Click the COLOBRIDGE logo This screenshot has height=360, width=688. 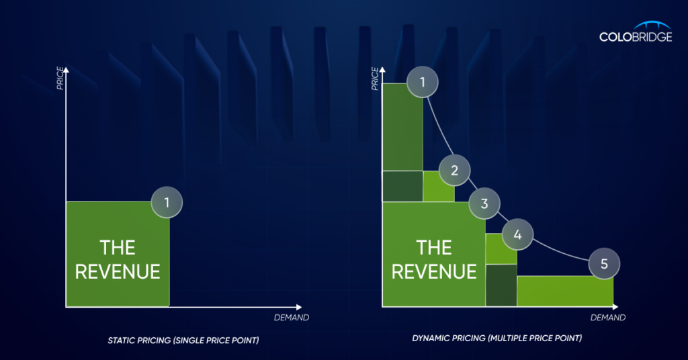[636, 32]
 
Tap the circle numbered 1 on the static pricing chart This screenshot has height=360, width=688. [167, 202]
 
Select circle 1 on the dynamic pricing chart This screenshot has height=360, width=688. [423, 82]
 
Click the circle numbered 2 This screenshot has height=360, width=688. [455, 170]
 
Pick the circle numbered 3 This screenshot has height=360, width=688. [484, 204]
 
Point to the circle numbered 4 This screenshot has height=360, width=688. [518, 234]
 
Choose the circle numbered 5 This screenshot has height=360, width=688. [604, 263]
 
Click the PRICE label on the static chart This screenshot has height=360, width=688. [60, 79]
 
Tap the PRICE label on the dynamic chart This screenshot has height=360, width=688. [375, 79]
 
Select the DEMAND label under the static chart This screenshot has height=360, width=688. [292, 318]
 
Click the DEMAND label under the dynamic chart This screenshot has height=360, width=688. [607, 318]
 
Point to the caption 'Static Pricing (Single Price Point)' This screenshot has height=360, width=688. [183, 341]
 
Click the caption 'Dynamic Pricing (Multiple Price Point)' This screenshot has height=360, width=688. [497, 338]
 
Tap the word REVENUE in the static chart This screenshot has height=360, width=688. [118, 272]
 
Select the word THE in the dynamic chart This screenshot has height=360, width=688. [434, 248]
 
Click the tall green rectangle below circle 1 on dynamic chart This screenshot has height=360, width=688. [402, 127]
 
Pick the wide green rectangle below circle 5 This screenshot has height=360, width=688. [565, 291]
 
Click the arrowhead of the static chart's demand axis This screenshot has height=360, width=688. [299, 307]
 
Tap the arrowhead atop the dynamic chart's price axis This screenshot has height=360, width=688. [382, 70]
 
